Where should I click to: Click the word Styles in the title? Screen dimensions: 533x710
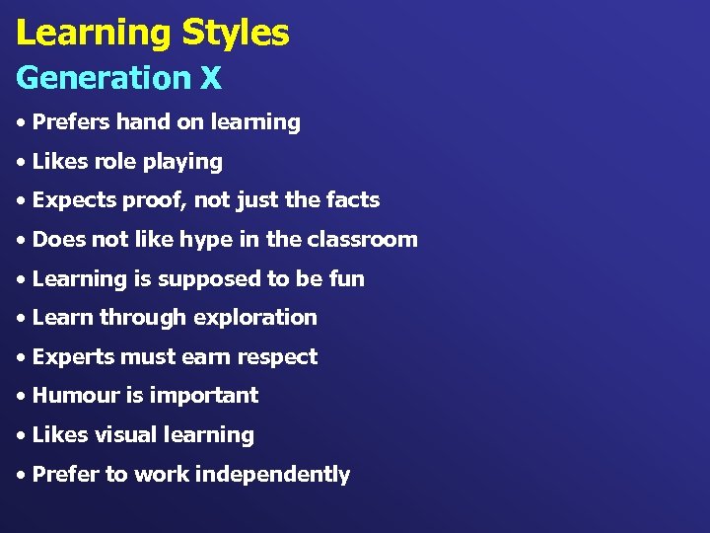tap(235, 33)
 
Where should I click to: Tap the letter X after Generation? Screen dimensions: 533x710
tap(211, 77)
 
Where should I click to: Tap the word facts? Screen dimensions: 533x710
tap(353, 200)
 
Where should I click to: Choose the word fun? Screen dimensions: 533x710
tap(347, 278)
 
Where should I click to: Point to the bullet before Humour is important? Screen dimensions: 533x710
tap(21, 397)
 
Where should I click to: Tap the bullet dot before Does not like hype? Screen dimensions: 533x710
tap(21, 241)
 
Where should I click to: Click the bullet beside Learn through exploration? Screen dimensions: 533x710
tap(21, 319)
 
